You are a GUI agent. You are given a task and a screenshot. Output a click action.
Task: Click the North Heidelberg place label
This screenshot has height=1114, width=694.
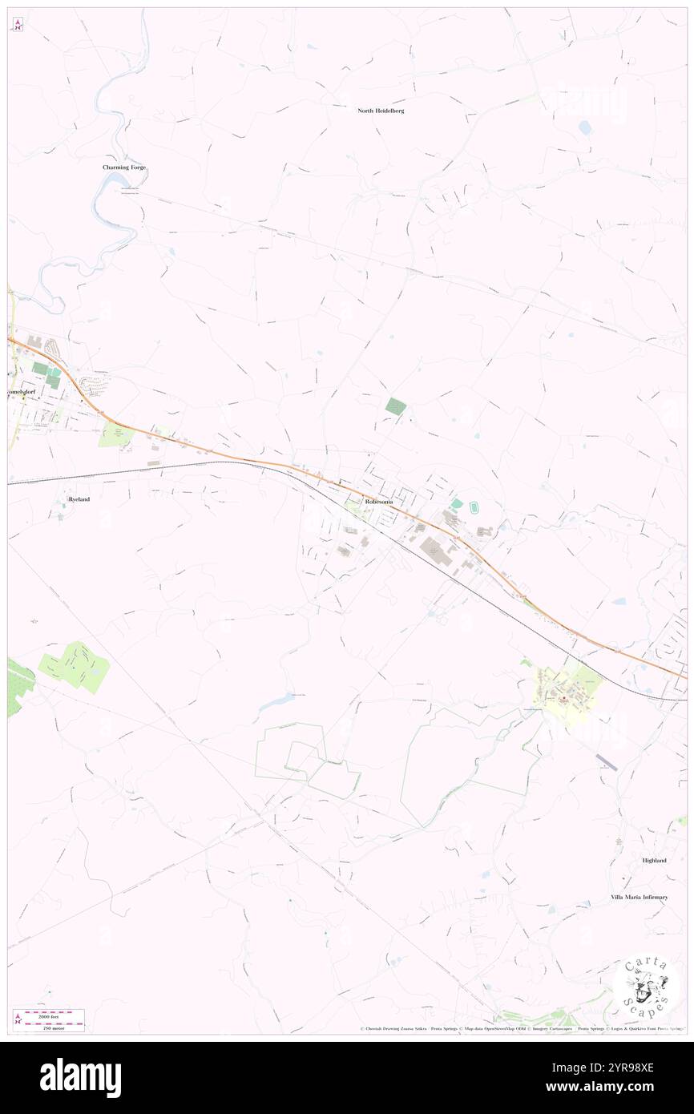tap(381, 111)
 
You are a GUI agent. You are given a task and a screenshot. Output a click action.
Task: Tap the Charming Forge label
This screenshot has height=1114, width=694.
tap(124, 168)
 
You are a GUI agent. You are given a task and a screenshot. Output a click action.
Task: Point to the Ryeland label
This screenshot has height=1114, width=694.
tap(79, 499)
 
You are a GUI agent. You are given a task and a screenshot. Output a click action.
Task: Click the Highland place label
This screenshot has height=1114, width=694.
tap(654, 860)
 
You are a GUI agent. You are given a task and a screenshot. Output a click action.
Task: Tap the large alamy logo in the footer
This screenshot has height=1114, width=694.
tap(80, 1078)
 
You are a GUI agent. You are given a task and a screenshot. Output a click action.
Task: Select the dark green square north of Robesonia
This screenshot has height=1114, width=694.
tap(395, 406)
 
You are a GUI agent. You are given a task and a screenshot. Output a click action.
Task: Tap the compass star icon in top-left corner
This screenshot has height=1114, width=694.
tap(18, 25)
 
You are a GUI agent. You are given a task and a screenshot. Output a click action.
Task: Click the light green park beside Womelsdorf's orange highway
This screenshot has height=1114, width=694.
tap(115, 434)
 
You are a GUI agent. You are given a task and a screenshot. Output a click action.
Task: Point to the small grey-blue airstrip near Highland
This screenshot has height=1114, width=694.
tap(607, 762)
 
